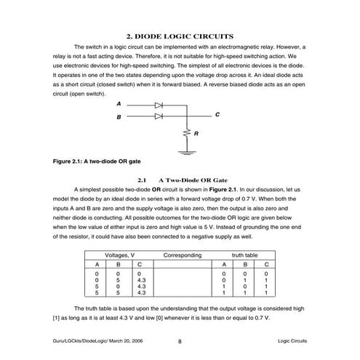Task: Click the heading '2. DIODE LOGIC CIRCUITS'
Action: tap(180, 36)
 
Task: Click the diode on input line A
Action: tap(158, 105)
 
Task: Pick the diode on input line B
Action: tap(158, 116)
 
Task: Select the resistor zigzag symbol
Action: tap(187, 134)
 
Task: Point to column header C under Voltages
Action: tap(140, 265)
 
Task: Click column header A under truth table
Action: tap(223, 265)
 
